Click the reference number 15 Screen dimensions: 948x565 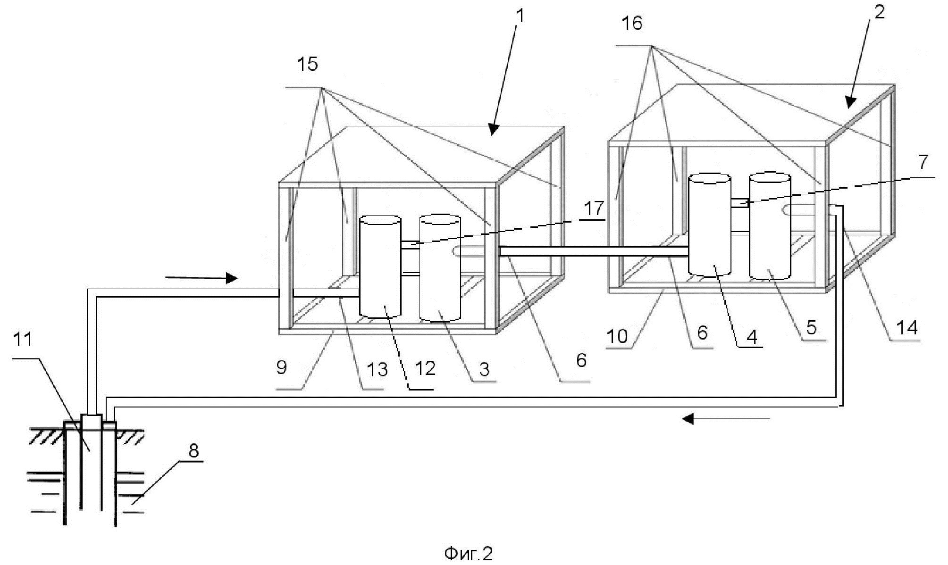308,64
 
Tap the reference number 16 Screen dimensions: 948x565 632,23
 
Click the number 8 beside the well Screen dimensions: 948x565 193,451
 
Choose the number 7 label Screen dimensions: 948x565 923,162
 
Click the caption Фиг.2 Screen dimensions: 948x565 469,553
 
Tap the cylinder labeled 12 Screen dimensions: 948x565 380,266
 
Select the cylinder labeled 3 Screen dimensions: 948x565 440,268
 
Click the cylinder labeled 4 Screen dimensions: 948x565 710,225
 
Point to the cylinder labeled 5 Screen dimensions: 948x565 770,227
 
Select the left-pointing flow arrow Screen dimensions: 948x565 726,418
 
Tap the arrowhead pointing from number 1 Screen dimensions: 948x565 493,129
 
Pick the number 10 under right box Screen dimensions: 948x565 617,336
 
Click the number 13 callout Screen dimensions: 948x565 377,370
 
